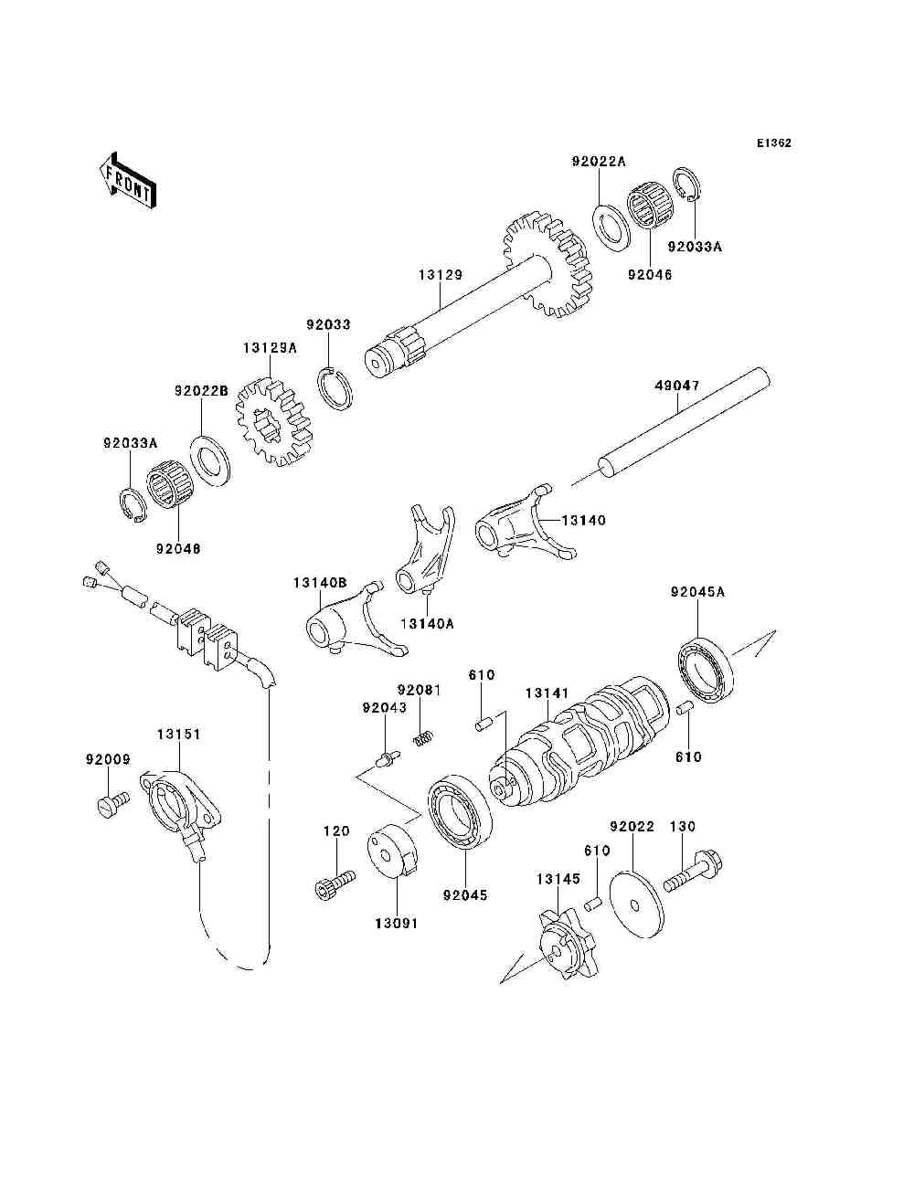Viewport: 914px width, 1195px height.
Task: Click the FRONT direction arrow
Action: click(x=127, y=180)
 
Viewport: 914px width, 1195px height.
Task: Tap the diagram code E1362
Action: click(x=773, y=143)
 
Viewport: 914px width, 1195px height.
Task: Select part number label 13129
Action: click(x=441, y=275)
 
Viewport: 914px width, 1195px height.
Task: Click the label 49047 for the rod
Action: click(x=677, y=386)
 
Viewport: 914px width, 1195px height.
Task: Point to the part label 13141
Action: click(x=547, y=693)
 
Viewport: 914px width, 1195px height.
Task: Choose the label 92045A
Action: click(x=697, y=592)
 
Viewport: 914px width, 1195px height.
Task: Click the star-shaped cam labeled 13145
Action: click(x=567, y=948)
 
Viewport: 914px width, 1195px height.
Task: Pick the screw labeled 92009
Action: click(x=112, y=806)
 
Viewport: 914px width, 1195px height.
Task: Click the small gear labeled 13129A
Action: click(x=274, y=423)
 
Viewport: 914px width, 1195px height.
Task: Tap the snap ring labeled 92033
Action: click(x=335, y=388)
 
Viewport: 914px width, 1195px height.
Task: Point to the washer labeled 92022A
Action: click(x=611, y=225)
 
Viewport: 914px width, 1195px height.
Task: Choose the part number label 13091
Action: click(x=396, y=924)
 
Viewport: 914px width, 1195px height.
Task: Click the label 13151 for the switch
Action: click(x=178, y=734)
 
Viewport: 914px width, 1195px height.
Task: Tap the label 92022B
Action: click(x=202, y=391)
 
